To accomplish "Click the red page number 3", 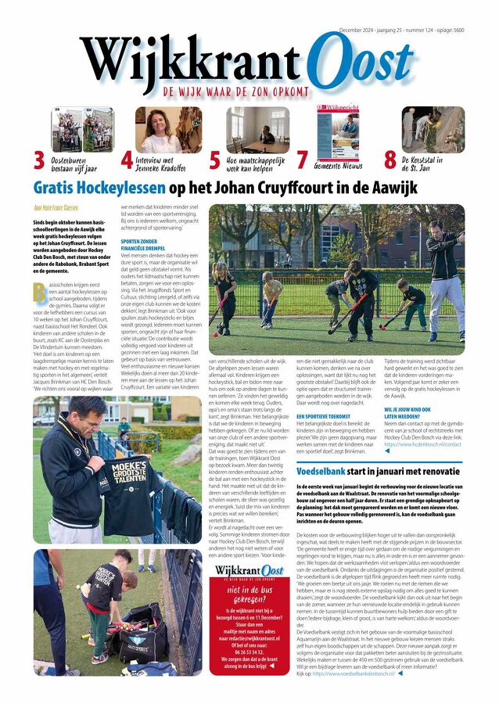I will (x=38, y=160).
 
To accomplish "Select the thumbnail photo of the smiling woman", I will (x=168, y=129).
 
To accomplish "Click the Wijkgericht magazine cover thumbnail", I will (x=338, y=131).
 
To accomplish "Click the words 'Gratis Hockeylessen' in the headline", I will (x=99, y=188).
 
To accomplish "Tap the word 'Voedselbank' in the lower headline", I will (x=334, y=469).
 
